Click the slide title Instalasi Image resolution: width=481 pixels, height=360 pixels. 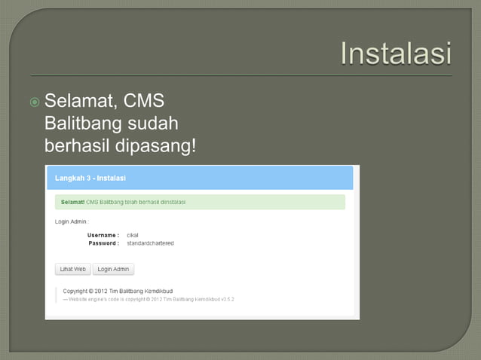coord(395,53)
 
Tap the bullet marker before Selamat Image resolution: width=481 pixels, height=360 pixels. coord(35,102)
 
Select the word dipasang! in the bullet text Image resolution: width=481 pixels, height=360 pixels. coord(153,145)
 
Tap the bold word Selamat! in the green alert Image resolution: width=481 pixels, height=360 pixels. coord(72,202)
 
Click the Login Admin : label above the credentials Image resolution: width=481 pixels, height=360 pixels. coord(72,221)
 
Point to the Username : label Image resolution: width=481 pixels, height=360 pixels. coord(103,235)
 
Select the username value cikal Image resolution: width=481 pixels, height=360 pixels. coord(133,235)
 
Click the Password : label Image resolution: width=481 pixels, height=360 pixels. coord(103,243)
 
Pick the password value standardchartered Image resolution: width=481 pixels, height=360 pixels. coord(150,243)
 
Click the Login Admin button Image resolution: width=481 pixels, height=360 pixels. coord(113,269)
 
